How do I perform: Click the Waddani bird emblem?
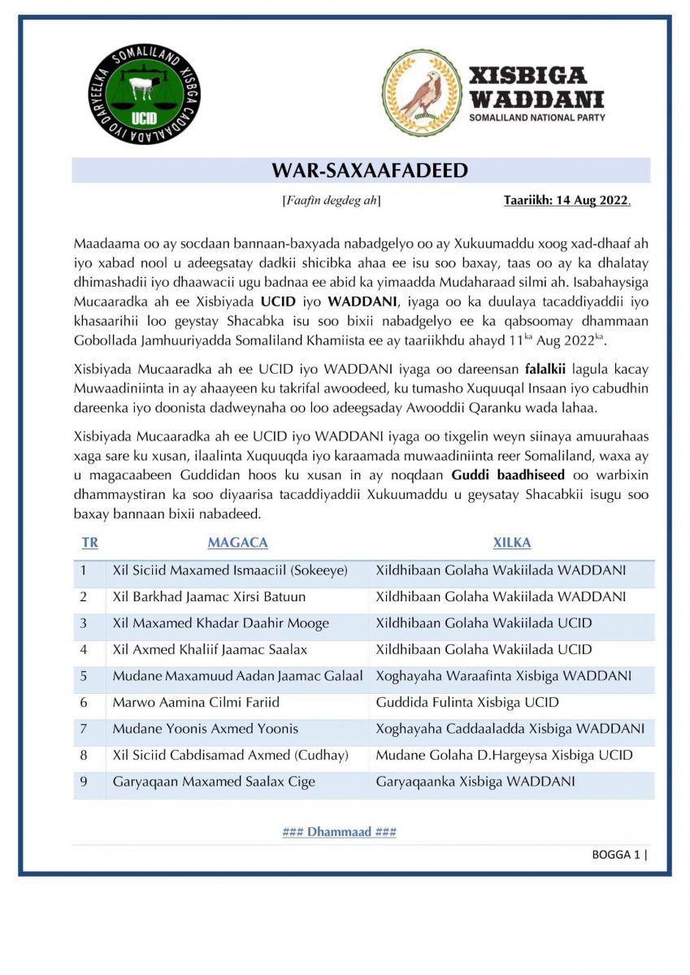tap(422, 93)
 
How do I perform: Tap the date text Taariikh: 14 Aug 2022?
tap(566, 200)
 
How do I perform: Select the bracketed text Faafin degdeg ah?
tap(331, 200)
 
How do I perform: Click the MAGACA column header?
tap(237, 543)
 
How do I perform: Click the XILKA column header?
tap(511, 543)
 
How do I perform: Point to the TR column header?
tap(89, 543)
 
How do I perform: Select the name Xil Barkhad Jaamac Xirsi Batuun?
tap(209, 597)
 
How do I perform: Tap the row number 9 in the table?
tap(84, 782)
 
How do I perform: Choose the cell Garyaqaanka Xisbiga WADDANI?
tap(475, 782)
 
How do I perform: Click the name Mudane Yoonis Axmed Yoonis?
tap(205, 729)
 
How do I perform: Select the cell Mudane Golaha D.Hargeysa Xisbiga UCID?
tap(504, 755)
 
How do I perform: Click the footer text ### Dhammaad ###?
tap(339, 832)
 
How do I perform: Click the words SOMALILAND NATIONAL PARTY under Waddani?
tap(536, 118)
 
